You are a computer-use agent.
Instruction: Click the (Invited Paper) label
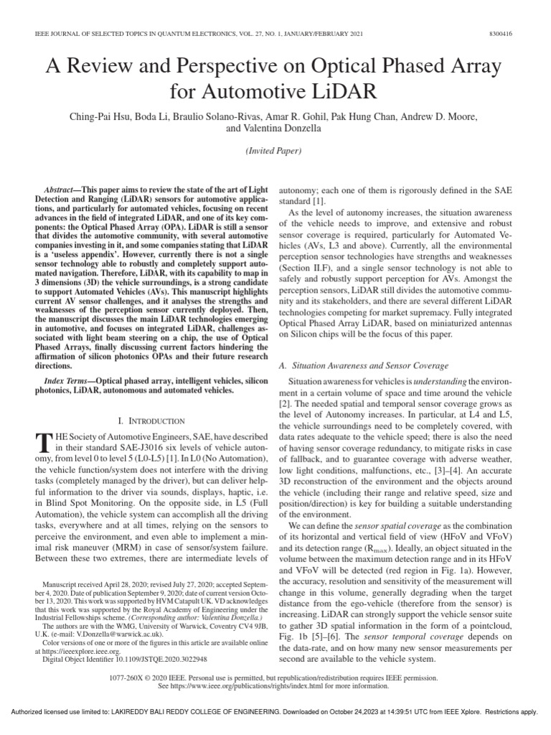coord(275,152)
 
